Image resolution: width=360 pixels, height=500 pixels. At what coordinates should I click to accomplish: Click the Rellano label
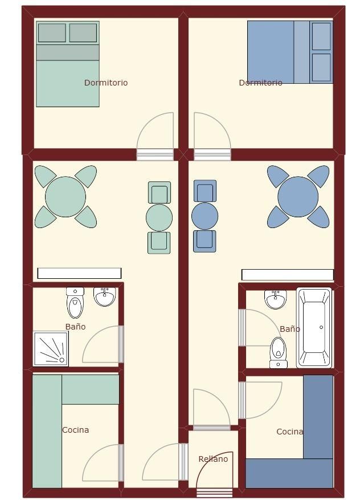213,459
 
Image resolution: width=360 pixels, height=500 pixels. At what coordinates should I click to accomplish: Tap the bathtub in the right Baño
314,327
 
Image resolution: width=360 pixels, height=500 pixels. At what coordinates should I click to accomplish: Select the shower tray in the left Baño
51,348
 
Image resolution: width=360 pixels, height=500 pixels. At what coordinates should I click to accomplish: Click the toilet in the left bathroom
75,303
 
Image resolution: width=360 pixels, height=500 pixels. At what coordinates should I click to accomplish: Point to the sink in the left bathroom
104,296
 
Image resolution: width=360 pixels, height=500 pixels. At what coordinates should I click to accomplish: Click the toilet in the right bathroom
279,353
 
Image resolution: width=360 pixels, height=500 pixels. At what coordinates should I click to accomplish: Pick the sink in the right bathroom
275,299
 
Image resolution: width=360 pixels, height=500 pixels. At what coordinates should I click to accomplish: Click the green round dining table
66,197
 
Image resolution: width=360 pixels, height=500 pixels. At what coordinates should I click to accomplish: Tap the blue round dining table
298,197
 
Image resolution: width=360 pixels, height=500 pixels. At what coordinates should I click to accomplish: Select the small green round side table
159,217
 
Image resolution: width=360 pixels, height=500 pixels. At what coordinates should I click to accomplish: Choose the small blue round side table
205,216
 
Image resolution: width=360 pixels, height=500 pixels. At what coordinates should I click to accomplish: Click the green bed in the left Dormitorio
68,64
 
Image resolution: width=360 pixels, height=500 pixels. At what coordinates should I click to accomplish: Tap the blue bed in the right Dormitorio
290,52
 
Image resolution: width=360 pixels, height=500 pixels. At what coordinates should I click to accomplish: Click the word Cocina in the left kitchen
76,430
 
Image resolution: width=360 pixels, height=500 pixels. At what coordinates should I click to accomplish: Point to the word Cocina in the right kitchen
289,432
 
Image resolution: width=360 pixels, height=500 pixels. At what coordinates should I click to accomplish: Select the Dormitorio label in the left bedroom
106,83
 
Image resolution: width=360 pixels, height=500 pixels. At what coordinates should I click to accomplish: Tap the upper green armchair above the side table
159,192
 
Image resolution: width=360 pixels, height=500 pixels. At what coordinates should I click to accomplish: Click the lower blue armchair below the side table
204,241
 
